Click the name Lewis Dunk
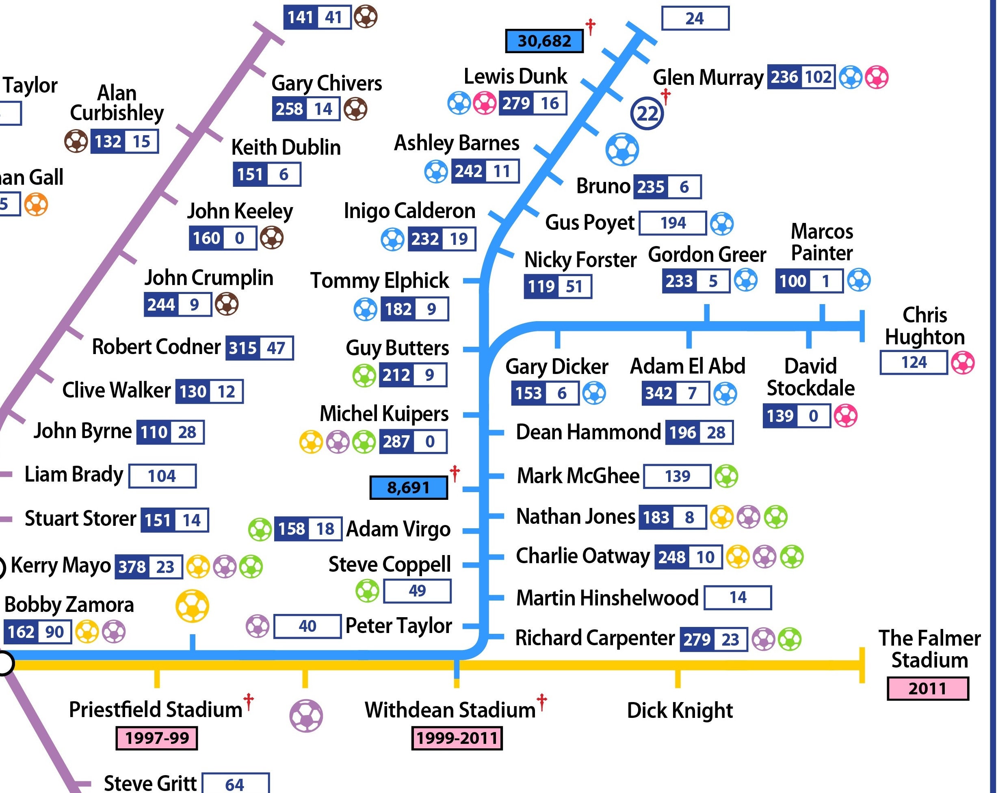tap(515, 76)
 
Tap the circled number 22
tap(647, 113)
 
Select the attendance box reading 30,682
tap(544, 41)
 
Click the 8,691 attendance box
tap(408, 487)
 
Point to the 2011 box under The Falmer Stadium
tap(927, 688)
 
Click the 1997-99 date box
tap(156, 737)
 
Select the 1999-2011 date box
tap(457, 737)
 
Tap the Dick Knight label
tap(680, 710)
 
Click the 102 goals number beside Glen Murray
tap(818, 77)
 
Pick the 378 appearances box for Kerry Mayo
tap(132, 567)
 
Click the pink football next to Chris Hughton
tap(962, 362)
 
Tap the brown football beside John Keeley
tap(271, 238)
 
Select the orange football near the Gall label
tap(36, 205)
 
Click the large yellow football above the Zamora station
tap(192, 606)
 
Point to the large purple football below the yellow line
tap(306, 716)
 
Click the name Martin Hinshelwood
tap(607, 598)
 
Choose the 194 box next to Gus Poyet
tap(673, 223)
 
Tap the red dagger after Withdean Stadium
tap(541, 702)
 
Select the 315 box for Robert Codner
tap(242, 348)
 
